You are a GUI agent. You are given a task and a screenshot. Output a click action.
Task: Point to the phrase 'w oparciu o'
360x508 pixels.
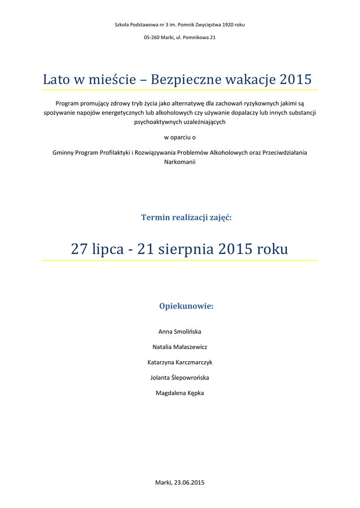(180, 137)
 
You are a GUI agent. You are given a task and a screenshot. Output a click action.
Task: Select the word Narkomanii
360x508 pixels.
(180, 162)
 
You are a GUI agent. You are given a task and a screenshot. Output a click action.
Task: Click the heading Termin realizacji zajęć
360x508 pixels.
(186, 217)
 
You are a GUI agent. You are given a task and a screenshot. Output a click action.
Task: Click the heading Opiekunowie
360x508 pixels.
(186, 306)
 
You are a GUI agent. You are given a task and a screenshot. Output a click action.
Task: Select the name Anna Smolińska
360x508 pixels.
(180, 331)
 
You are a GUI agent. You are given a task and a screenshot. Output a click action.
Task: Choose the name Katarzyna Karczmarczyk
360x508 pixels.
(180, 362)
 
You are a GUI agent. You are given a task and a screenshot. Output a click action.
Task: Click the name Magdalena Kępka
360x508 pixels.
(180, 393)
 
